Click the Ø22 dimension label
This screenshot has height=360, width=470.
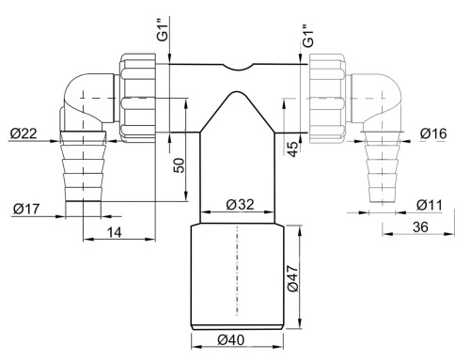(x=23, y=133)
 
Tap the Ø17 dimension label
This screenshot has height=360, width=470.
(x=26, y=209)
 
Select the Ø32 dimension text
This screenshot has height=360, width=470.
(x=240, y=205)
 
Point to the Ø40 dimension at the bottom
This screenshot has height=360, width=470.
(x=231, y=339)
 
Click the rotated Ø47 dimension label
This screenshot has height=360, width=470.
(x=293, y=278)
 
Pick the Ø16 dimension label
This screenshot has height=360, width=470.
(x=433, y=133)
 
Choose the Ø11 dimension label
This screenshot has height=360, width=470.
(x=430, y=205)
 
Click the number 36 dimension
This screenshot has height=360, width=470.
(x=420, y=227)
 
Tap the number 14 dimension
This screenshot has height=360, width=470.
(x=115, y=233)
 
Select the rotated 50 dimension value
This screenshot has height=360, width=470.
(x=179, y=165)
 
